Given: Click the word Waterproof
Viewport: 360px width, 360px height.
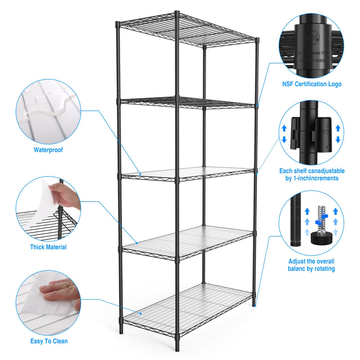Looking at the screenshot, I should point(48,150).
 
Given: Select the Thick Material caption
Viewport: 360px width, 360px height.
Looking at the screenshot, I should point(48,247).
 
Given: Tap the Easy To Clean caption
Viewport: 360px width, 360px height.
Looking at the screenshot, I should point(49,341).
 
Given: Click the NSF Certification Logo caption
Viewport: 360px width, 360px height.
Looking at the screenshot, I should point(311,84).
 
